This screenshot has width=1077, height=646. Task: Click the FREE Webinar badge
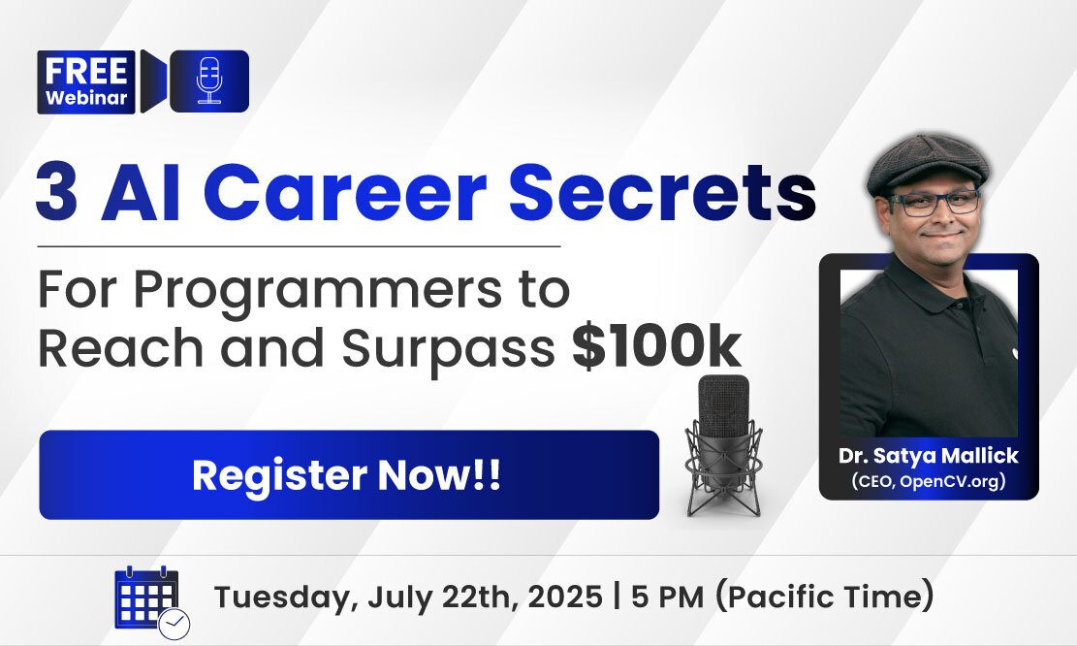(86, 81)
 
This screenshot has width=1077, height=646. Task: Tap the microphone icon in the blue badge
(208, 81)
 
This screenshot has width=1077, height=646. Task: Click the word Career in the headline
(345, 192)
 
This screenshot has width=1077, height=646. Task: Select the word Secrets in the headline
(662, 192)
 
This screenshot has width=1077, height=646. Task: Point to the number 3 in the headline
(56, 192)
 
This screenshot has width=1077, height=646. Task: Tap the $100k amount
(656, 347)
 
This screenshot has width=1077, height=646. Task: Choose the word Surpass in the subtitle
(449, 348)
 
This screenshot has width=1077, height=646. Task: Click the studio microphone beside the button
(723, 445)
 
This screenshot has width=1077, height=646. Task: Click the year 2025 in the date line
(564, 596)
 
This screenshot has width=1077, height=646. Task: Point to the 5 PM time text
(668, 596)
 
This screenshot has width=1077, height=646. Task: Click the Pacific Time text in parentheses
(824, 596)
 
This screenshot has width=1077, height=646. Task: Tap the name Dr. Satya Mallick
(929, 456)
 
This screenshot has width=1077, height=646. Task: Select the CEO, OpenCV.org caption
(929, 480)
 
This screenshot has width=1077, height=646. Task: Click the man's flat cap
(928, 164)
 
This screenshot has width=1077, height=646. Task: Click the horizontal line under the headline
(299, 245)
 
